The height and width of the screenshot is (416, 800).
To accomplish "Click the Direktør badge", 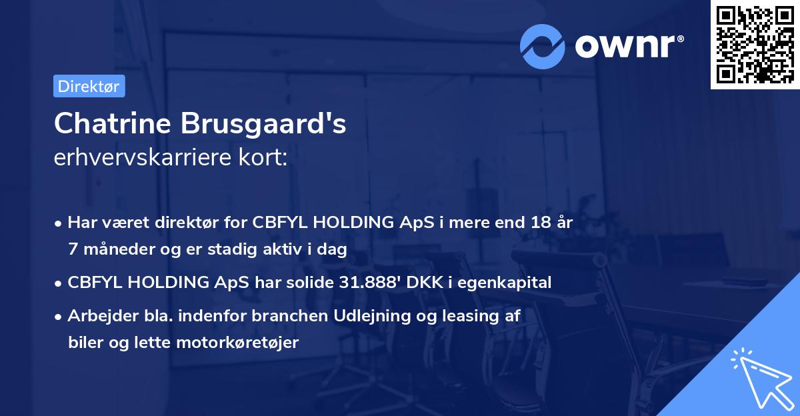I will [x=89, y=86].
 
